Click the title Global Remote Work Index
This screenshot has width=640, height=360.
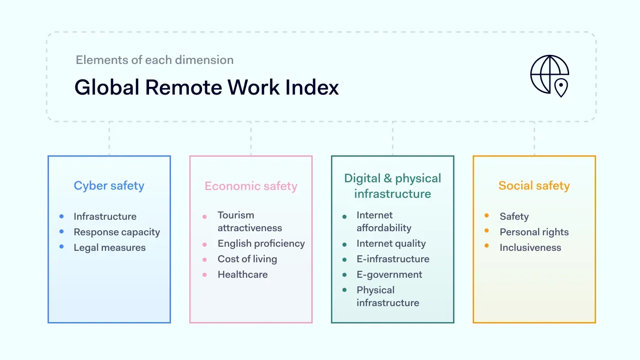click(207, 87)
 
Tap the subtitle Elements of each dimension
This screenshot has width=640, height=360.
click(155, 60)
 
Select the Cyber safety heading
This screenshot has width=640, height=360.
click(109, 185)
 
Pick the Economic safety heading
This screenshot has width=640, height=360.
click(251, 186)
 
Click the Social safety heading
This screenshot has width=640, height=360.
click(534, 185)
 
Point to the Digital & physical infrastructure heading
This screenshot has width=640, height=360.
click(393, 186)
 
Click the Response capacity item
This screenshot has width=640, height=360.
click(117, 232)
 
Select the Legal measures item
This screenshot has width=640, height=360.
click(110, 248)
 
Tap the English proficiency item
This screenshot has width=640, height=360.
click(261, 244)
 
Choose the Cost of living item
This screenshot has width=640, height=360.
click(247, 259)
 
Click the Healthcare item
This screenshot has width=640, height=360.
click(243, 275)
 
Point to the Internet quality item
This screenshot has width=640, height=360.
click(391, 244)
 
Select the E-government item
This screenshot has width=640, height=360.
click(389, 275)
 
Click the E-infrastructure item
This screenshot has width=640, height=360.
click(393, 259)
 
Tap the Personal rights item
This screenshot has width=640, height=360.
click(534, 232)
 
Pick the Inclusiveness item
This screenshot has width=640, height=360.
click(530, 248)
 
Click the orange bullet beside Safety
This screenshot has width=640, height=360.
click(486, 216)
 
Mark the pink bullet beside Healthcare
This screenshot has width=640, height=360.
click(205, 275)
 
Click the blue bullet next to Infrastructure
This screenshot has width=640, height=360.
click(61, 216)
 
